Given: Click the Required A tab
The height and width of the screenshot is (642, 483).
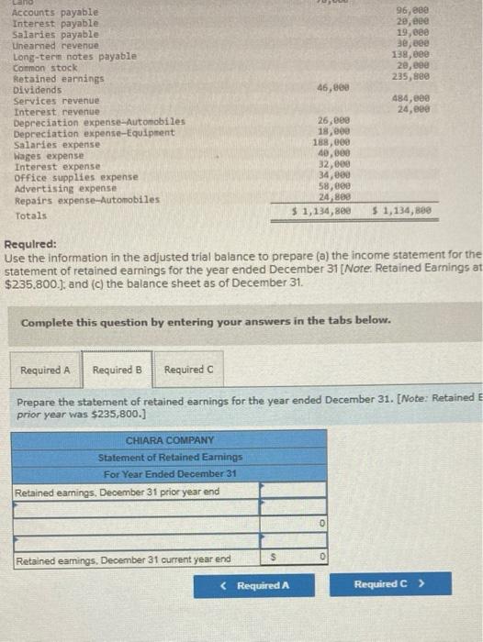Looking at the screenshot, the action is [46, 370].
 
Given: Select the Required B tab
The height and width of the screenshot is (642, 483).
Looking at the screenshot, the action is [117, 370].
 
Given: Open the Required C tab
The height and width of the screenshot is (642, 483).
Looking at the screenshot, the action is [188, 370].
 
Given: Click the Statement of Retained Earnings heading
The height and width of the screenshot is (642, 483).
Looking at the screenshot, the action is [170, 457].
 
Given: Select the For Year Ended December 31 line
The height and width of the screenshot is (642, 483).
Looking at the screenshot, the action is [170, 473].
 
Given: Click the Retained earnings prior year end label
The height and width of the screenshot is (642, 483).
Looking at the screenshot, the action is [116, 492].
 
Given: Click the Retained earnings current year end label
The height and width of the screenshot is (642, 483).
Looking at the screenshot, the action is [123, 559].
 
